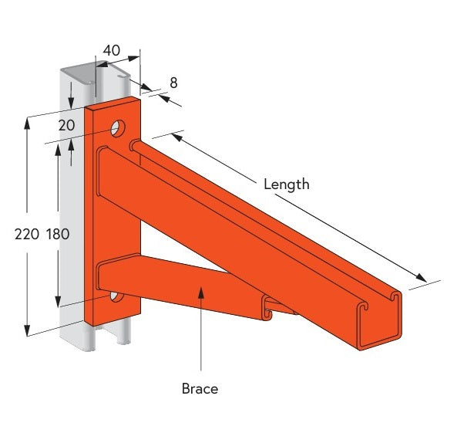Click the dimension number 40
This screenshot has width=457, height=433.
click(112, 50)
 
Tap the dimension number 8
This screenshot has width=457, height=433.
click(173, 82)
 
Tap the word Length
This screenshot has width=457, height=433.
click(286, 184)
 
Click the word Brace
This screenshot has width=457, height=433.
click(200, 388)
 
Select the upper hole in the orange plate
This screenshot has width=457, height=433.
click(118, 127)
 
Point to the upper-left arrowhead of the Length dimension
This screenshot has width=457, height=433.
click(175, 137)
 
